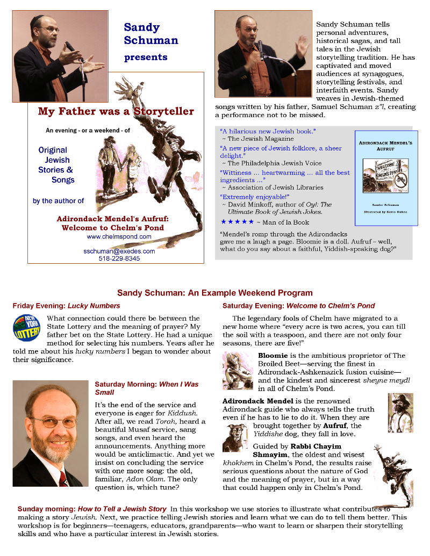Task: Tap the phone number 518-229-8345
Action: click(x=119, y=258)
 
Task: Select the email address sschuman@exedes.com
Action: click(x=119, y=251)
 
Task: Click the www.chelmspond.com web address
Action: click(x=119, y=236)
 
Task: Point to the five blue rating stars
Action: click(x=237, y=222)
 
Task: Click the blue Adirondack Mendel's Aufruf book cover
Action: click(x=386, y=178)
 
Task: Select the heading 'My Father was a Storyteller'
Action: click(x=116, y=112)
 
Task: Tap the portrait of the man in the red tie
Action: click(x=51, y=433)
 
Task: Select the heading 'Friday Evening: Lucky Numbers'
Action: click(x=67, y=306)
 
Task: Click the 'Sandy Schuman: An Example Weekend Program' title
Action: click(x=215, y=293)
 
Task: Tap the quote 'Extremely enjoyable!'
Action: click(x=245, y=196)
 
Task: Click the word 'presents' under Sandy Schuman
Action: click(x=146, y=57)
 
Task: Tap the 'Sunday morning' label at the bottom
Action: click(x=46, y=509)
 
